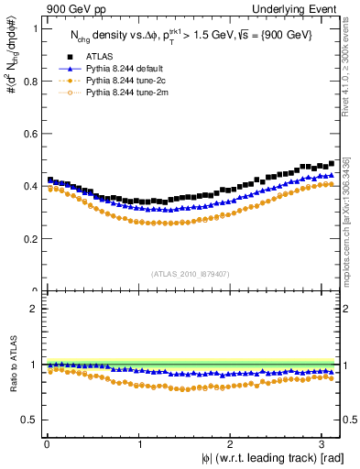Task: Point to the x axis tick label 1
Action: [x=138, y=444]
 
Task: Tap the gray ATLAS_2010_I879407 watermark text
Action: [x=191, y=272]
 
